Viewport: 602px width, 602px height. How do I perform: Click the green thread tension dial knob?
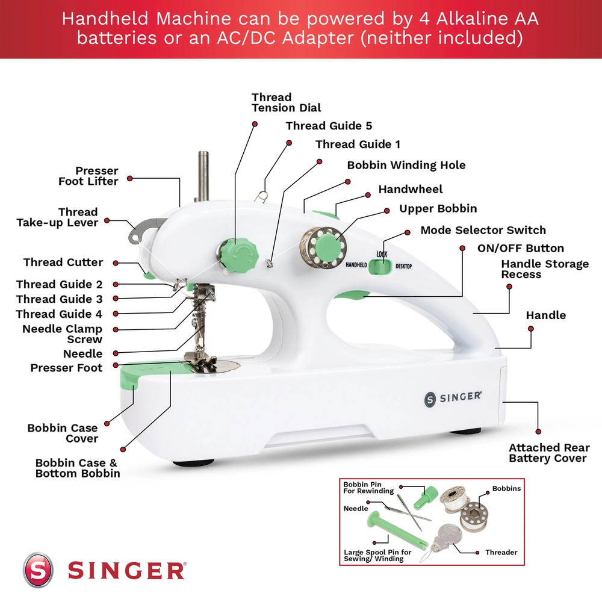coord(233,253)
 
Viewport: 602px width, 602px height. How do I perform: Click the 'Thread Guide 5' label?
coord(329,126)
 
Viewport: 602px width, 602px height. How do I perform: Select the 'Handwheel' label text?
coord(410,190)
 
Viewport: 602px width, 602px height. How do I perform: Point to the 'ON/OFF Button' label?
coord(520,248)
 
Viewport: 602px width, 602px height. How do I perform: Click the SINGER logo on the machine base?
coord(453,397)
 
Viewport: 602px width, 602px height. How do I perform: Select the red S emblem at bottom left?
coord(38,569)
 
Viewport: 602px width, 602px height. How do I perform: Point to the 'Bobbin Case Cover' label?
coord(63,433)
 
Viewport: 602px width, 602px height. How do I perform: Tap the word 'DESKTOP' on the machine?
coord(404,265)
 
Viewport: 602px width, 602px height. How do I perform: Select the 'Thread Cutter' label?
coord(63,262)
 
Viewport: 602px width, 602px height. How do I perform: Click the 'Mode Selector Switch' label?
coord(483,230)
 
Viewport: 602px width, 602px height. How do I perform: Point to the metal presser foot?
coord(199,361)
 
